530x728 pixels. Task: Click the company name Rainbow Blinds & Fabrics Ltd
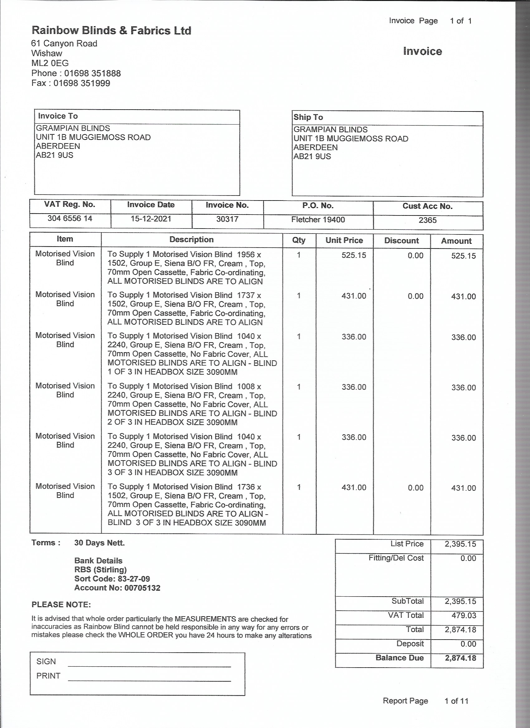click(111, 31)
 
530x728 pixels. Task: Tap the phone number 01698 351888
click(92, 73)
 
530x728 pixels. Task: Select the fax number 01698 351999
click(82, 83)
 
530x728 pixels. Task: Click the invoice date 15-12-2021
click(151, 219)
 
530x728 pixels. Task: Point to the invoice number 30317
click(227, 219)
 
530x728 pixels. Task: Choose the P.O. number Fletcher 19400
click(318, 220)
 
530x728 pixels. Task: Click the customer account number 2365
click(427, 220)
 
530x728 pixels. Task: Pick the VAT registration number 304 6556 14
click(70, 219)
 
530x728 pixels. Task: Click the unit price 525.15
click(354, 255)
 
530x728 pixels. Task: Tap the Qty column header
click(299, 240)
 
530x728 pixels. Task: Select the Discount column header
click(402, 241)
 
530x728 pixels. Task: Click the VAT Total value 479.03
click(464, 615)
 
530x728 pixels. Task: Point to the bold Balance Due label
click(399, 658)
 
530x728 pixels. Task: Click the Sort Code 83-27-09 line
click(112, 579)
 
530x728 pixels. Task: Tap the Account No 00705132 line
click(117, 588)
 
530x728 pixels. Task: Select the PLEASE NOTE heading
click(61, 604)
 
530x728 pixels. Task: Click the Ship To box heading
click(308, 117)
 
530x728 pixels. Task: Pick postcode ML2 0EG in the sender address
click(50, 63)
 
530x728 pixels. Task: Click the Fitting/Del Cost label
click(396, 558)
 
